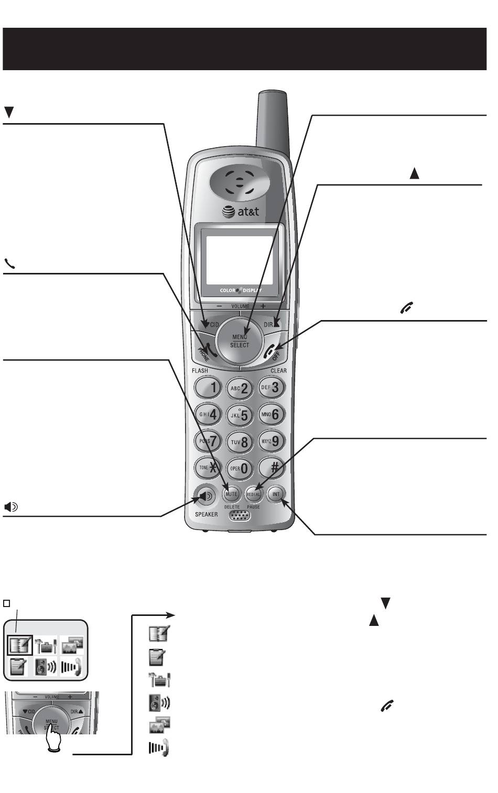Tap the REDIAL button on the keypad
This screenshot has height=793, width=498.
tap(253, 494)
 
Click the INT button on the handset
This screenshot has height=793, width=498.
tap(276, 494)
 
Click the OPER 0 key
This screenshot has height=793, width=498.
tap(240, 468)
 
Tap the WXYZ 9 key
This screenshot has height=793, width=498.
tap(272, 441)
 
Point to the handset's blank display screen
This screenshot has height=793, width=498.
tap(239, 260)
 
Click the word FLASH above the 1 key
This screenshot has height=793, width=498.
tap(200, 370)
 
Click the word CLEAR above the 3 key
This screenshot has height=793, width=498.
tap(278, 370)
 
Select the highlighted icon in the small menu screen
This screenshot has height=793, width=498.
tap(20, 644)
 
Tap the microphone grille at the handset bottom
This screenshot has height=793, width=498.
tap(240, 515)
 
